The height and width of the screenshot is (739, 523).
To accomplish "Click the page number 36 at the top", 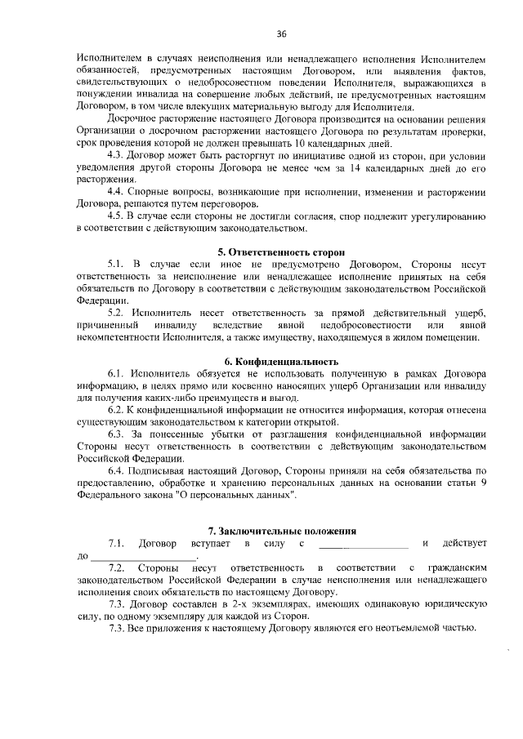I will point(281,33).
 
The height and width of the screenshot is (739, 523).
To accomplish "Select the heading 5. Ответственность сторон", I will point(280,253).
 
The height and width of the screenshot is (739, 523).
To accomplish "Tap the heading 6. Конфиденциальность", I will point(281,361).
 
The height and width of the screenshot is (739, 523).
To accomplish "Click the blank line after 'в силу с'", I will point(362,544).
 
